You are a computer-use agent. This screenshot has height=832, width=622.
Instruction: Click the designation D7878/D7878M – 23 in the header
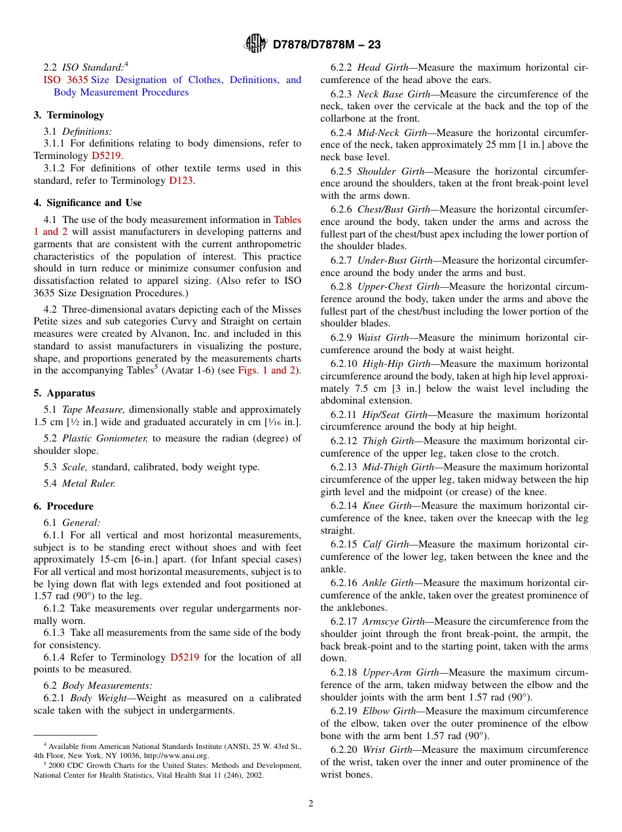pyautogui.click(x=326, y=44)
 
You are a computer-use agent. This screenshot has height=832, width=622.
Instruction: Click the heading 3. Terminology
pyautogui.click(x=69, y=115)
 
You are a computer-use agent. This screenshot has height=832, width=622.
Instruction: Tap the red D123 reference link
pyautogui.click(x=181, y=181)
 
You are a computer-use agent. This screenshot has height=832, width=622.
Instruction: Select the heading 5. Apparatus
pyautogui.click(x=64, y=393)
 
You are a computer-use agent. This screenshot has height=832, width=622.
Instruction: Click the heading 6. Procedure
pyautogui.click(x=64, y=506)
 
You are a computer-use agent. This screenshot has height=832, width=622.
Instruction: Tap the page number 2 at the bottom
pyautogui.click(x=311, y=804)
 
